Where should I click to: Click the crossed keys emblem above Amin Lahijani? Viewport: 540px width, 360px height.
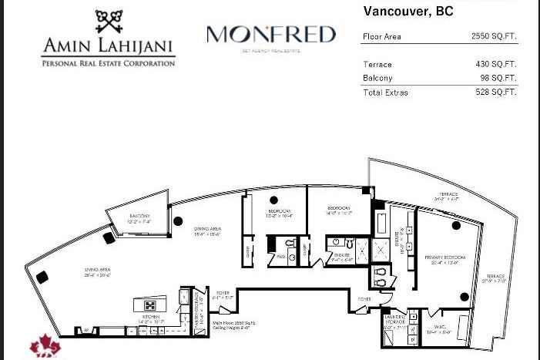click(x=109, y=24)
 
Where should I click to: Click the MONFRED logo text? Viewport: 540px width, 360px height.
click(x=271, y=35)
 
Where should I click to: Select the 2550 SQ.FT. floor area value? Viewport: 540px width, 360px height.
click(x=494, y=36)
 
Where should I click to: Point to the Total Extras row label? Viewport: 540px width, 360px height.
click(x=385, y=93)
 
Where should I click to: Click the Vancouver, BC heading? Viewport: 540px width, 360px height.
click(x=408, y=12)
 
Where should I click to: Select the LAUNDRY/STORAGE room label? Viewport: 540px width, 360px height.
click(x=396, y=318)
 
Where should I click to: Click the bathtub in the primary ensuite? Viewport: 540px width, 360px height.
click(x=381, y=226)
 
